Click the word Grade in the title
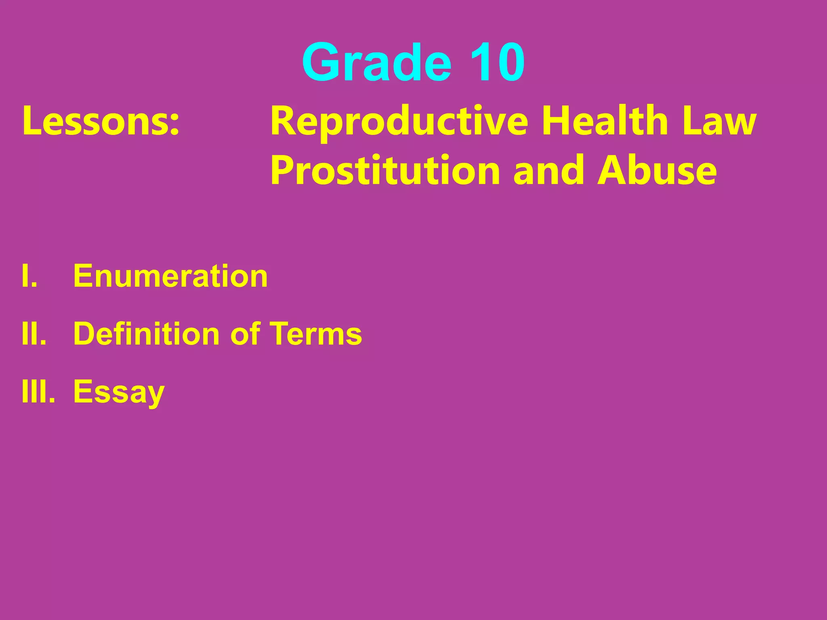(x=376, y=63)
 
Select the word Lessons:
(x=101, y=121)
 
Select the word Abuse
(x=657, y=170)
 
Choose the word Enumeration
(x=170, y=276)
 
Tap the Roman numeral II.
(x=34, y=334)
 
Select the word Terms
(x=316, y=334)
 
